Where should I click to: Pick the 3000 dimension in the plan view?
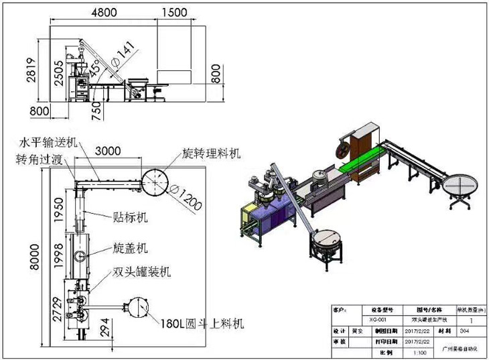(x=107, y=152)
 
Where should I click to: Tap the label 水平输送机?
(x=49, y=143)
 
